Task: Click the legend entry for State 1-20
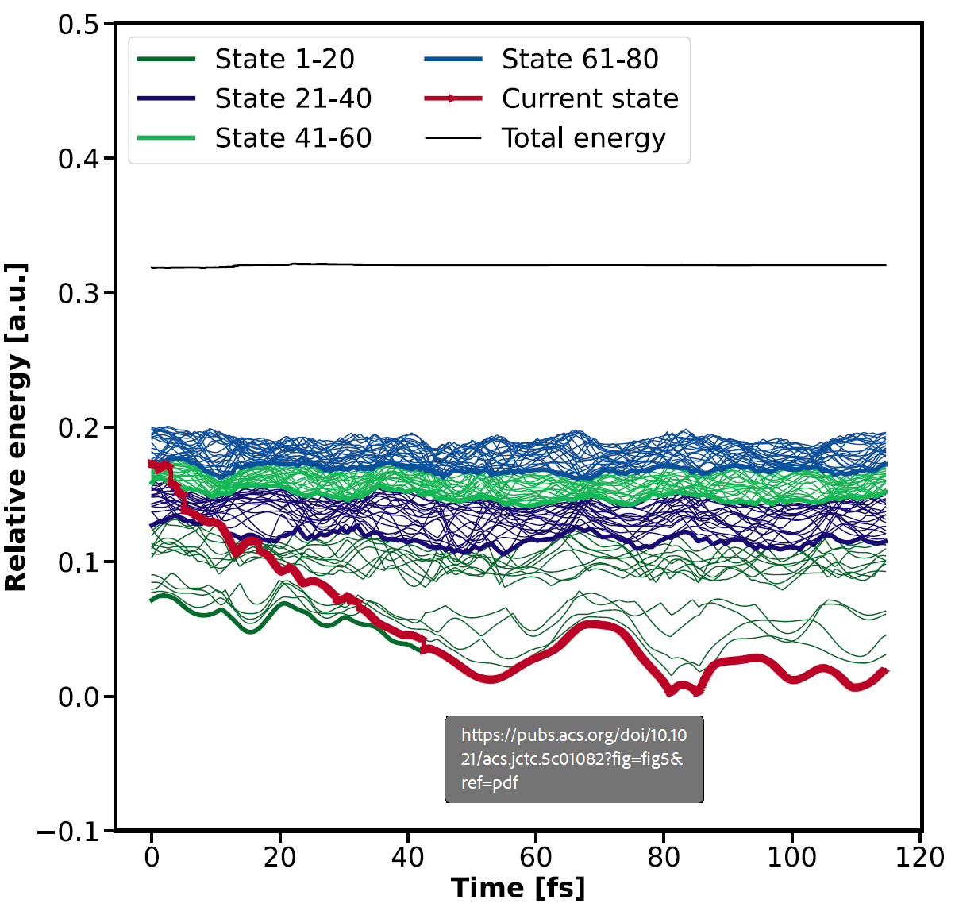284,59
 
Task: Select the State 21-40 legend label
293,98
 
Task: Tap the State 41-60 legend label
293,138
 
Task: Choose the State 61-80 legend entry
580,59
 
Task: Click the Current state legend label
590,98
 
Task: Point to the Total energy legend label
583,138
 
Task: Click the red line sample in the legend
453,98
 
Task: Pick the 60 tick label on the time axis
536,857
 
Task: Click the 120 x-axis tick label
920,857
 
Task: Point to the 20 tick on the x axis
279,857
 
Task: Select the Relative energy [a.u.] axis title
16,427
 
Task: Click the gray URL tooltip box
574,759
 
